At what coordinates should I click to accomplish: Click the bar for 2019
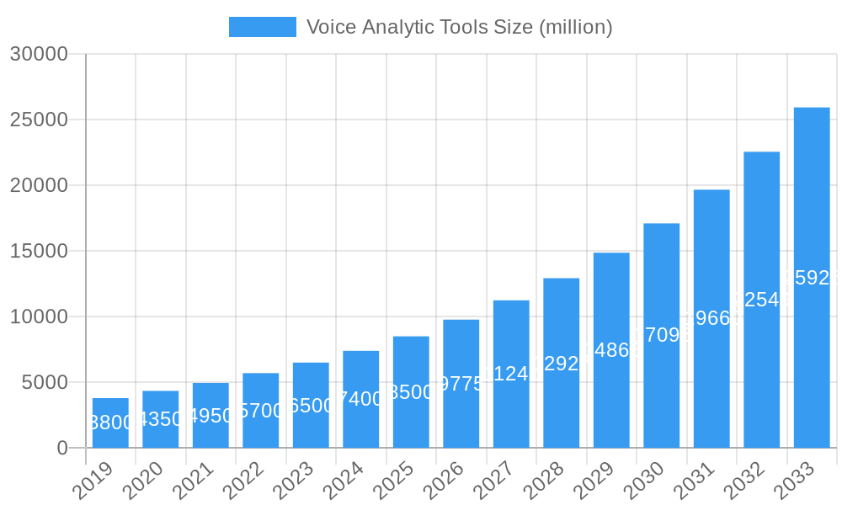coord(110,423)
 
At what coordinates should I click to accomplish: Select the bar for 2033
coord(812,278)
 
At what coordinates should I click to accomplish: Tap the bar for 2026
coord(461,384)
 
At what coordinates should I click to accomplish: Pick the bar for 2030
coord(662,335)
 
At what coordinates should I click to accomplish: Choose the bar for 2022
coord(261,411)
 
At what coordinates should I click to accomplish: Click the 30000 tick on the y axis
coord(39,54)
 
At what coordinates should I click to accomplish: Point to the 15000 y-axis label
coord(39,251)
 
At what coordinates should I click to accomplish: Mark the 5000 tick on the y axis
coord(44,382)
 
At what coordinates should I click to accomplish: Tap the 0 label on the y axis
coord(62,448)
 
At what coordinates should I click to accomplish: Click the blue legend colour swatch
coord(263,27)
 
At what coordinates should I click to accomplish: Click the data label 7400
coord(361,399)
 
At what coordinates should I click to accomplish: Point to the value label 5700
coord(261,411)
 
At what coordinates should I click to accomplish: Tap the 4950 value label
coord(210,416)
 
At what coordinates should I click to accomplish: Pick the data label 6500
coord(311,406)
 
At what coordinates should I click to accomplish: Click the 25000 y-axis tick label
coord(39,120)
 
